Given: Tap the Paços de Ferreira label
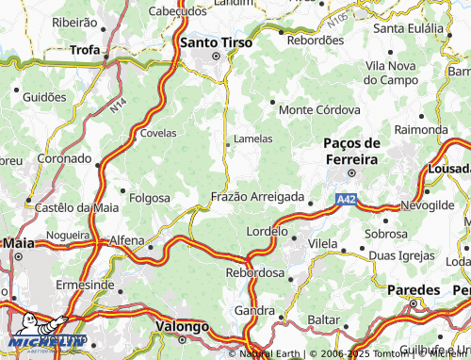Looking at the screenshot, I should (x=350, y=151).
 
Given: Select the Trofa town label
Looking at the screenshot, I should (x=85, y=49).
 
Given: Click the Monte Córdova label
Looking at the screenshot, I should (x=320, y=110).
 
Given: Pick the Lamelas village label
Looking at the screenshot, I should (x=252, y=139).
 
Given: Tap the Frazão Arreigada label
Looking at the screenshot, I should (x=257, y=197).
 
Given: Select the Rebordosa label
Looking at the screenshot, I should (x=254, y=272).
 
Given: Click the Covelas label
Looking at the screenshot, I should (x=157, y=133).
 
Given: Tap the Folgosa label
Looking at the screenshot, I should (x=149, y=198).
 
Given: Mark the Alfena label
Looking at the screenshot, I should (x=128, y=240).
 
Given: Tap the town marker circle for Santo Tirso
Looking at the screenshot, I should (x=216, y=56).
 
